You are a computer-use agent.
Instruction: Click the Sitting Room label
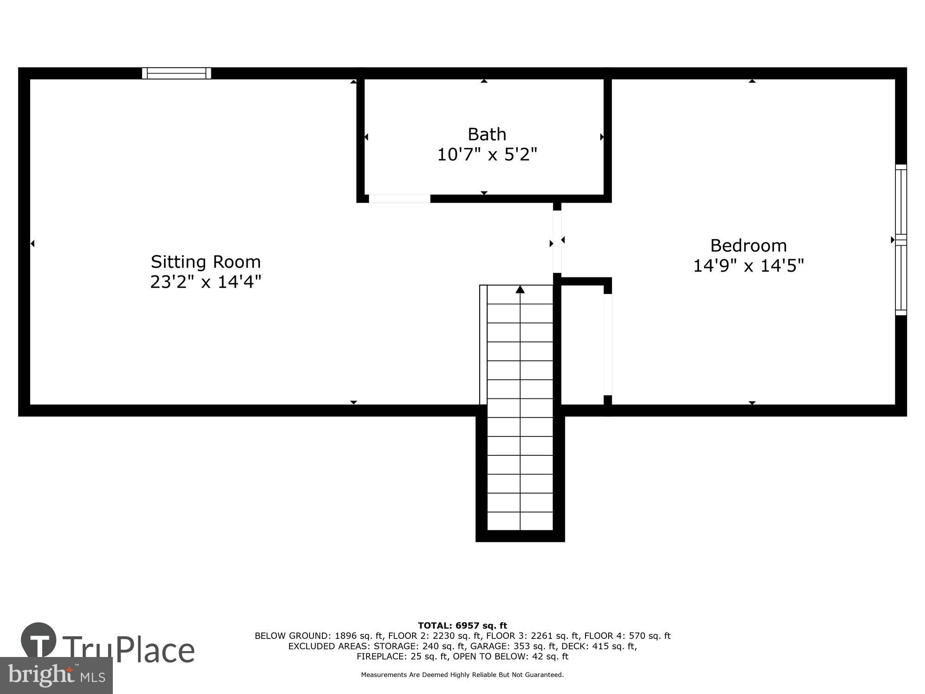(206, 262)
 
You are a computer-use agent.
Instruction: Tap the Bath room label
(487, 134)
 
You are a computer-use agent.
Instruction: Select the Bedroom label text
(748, 245)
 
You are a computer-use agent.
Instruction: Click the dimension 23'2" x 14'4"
(206, 282)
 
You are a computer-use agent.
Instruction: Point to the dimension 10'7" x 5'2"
(487, 155)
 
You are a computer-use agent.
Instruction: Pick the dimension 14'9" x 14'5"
(748, 266)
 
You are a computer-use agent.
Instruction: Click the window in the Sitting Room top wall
(176, 73)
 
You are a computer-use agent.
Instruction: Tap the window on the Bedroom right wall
(900, 240)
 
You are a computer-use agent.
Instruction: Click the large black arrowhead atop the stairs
(520, 290)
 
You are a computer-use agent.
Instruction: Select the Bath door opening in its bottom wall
(400, 198)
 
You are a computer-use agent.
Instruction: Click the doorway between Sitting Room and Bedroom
(557, 242)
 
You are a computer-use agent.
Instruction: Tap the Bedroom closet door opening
(608, 344)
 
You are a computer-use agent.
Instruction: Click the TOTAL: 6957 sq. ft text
(462, 626)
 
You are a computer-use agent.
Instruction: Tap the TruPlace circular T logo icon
(39, 640)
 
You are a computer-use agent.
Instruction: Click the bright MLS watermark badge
(56, 675)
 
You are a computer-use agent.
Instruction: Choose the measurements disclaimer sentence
(462, 675)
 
